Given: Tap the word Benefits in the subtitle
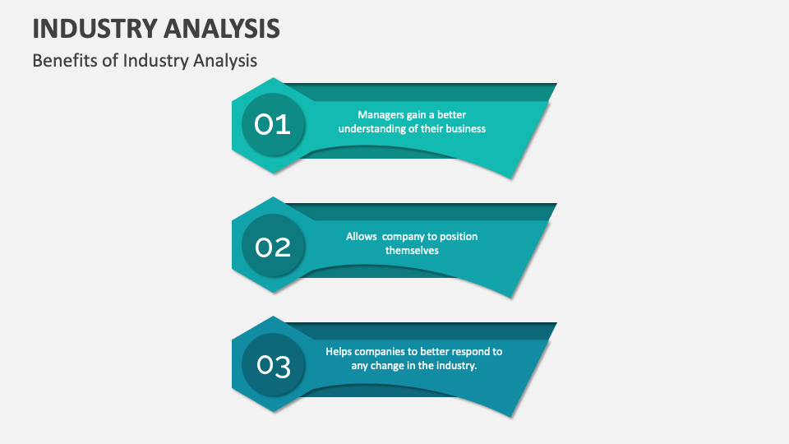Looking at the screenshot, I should pos(60,61).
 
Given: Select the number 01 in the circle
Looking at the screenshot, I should pos(273,125).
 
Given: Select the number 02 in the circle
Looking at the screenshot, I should pos(273,246).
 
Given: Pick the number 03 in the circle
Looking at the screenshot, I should pos(273,366).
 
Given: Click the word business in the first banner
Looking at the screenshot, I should pos(465,129).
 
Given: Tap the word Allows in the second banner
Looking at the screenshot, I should pos(362,236).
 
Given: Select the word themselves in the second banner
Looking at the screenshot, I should pos(412,250).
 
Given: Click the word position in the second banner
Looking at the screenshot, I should pos(459,236).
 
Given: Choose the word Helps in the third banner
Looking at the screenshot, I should pos(339,351).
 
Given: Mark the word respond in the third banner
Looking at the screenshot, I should pos(455,351).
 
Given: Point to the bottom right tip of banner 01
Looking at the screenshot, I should pos(514,178).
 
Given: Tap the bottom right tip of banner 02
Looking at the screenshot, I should pos(514,297).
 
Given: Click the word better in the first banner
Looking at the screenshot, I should pos(451,115).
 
